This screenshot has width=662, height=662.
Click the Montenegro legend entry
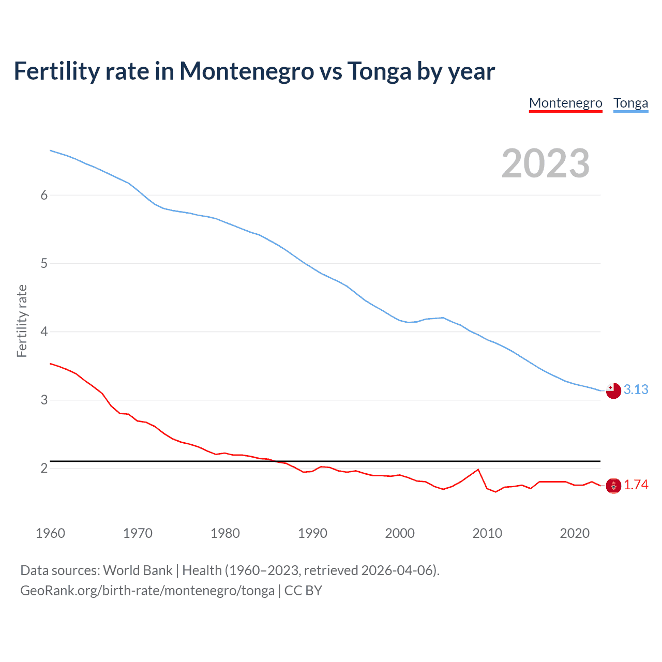[565, 103]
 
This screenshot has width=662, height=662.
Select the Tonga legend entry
[630, 103]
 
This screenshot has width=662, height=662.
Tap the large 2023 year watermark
[546, 163]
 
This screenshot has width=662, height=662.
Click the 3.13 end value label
[636, 389]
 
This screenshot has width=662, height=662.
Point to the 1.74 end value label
[636, 485]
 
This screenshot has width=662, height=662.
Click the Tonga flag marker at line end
[613, 391]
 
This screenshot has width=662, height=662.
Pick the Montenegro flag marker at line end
[613, 486]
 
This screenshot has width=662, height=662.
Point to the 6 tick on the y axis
[44, 195]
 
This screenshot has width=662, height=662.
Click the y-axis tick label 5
[44, 263]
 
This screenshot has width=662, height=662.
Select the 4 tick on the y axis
[44, 332]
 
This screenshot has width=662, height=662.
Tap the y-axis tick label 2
[44, 468]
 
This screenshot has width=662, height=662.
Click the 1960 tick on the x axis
[50, 533]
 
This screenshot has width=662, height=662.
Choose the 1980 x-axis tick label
[225, 533]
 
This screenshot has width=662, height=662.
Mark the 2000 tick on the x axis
[400, 533]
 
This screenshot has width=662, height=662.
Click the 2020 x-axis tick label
[575, 533]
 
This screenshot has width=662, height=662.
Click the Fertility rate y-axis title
[22, 321]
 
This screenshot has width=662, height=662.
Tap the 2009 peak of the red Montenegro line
[478, 470]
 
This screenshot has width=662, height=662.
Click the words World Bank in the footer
[138, 570]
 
